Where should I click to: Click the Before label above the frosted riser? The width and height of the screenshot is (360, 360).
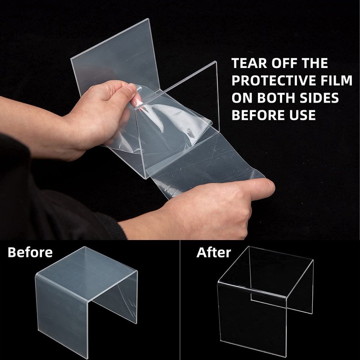30,252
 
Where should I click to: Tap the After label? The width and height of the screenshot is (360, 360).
213,252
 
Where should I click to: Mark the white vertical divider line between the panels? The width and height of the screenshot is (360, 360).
180,300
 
